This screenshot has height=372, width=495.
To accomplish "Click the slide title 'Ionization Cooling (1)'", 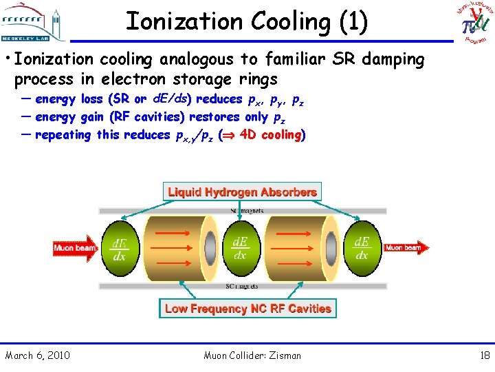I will [x=247, y=21].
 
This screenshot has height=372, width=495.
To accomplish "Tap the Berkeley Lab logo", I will [x=34, y=21].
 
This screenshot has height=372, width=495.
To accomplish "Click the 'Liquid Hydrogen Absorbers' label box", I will [x=242, y=192].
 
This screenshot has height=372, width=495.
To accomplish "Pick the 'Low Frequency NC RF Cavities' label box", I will [x=247, y=309].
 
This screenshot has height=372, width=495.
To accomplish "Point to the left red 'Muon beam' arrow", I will [x=76, y=247].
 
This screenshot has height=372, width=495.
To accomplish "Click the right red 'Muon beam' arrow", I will [x=406, y=247].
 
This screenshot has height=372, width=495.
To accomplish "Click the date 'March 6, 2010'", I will [x=37, y=355].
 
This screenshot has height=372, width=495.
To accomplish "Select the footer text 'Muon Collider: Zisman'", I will [x=252, y=355].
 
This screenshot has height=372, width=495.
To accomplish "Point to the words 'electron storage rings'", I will [x=203, y=79].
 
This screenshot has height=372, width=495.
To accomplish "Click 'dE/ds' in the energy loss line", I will [x=167, y=99].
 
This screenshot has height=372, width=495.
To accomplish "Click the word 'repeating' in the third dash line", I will [x=63, y=134].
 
